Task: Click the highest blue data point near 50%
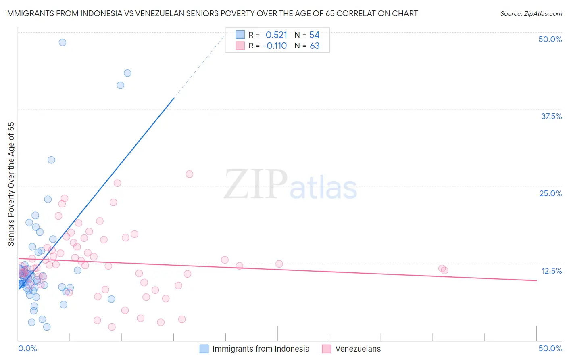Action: pyautogui.click(x=63, y=42)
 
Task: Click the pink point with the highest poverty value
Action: pyautogui.click(x=190, y=174)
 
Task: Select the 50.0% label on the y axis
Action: pyautogui.click(x=550, y=39)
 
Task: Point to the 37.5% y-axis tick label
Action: pyautogui.click(x=551, y=116)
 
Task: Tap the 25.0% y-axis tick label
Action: pyautogui.click(x=550, y=193)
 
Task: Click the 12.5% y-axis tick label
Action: pyautogui.click(x=551, y=271)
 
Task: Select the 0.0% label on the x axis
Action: pyautogui.click(x=27, y=348)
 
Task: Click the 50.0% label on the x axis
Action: pyautogui.click(x=550, y=348)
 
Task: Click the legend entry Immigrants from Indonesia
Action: pyautogui.click(x=261, y=349)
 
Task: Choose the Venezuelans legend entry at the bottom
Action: pyautogui.click(x=358, y=349)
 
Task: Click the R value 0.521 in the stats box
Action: pyautogui.click(x=276, y=35)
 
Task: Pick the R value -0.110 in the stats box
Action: pyautogui.click(x=275, y=46)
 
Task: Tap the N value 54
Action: pyautogui.click(x=314, y=35)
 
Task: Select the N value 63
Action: pyautogui.click(x=315, y=46)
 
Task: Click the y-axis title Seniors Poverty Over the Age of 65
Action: pyautogui.click(x=11, y=184)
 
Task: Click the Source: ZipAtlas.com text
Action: pyautogui.click(x=531, y=14)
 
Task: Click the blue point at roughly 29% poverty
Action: pyautogui.click(x=51, y=160)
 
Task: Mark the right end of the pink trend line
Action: pyautogui.click(x=537, y=280)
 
